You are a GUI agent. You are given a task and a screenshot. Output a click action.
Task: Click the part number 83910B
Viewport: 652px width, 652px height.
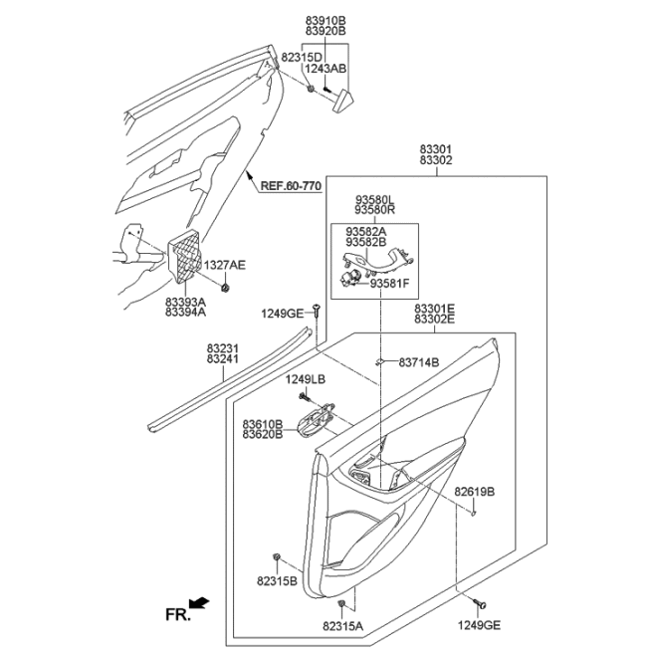(326, 20)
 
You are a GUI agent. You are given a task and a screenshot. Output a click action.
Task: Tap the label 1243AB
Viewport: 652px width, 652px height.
(326, 69)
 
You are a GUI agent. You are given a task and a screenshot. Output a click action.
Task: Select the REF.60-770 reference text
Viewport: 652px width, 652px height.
(291, 186)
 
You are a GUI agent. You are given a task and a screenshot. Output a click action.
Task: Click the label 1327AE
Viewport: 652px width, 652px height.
(225, 265)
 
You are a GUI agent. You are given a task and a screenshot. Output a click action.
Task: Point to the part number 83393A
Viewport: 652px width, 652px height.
(185, 302)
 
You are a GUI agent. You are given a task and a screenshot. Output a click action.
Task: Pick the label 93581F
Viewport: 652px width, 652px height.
(389, 284)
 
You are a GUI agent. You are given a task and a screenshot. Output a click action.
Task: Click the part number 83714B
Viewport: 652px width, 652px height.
(419, 362)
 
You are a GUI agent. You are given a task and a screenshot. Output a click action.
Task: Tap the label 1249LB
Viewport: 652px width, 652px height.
(306, 379)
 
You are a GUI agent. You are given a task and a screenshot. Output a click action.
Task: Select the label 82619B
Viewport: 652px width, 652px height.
(474, 492)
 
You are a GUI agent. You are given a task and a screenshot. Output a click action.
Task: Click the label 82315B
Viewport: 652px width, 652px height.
(277, 581)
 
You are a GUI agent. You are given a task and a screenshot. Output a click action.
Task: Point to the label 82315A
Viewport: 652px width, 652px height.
(343, 626)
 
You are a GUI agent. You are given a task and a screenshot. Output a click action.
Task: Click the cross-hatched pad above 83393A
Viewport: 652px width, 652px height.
(185, 256)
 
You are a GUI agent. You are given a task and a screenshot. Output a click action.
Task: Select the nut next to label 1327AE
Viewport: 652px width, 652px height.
(225, 288)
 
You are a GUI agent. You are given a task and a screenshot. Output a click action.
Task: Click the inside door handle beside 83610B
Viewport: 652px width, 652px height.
(316, 420)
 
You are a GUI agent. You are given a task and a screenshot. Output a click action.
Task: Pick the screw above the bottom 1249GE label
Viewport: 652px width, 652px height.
(479, 603)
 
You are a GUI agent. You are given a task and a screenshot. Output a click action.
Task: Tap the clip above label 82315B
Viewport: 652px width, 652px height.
(276, 556)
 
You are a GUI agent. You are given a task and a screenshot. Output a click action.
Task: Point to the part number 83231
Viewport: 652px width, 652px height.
(223, 348)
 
